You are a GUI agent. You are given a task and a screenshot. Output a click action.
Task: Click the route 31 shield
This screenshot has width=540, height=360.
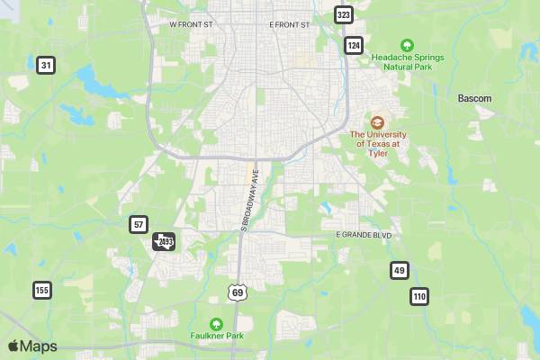coord(46,65)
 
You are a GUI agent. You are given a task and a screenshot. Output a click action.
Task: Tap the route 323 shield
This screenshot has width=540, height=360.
coord(343,14)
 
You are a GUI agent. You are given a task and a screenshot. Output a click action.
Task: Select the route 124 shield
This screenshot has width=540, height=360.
coord(354,44)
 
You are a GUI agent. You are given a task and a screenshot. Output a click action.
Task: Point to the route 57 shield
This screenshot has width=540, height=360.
coord(138,224)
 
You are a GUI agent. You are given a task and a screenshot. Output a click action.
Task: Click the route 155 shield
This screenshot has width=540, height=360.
coord(41,290)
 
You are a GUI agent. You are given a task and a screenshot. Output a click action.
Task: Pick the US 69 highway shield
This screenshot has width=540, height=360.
coord(237,292)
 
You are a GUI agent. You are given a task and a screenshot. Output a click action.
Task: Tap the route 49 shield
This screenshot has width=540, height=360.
coord(400,270)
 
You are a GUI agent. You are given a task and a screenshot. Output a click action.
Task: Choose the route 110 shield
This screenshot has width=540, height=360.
coord(419,296)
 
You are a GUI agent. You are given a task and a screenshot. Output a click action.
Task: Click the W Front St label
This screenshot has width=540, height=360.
coord(191,25)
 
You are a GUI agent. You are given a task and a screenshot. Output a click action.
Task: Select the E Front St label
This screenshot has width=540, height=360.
coord(289,25)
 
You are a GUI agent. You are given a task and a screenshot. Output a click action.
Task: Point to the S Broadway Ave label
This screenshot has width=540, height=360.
coord(249,199)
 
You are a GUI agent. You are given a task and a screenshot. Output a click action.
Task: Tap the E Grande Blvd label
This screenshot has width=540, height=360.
coord(364,235)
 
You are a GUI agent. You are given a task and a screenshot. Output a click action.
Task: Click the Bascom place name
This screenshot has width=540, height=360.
coord(474,97)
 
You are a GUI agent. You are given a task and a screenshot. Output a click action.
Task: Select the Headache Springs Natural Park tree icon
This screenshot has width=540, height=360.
coord(406,44)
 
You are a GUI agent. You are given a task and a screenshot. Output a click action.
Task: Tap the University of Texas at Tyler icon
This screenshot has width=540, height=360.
coord(378,121)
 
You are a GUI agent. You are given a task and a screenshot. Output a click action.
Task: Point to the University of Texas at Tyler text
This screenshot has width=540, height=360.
coord(378,143)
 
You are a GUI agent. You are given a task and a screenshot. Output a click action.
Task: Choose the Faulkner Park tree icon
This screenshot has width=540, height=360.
coord(216,324)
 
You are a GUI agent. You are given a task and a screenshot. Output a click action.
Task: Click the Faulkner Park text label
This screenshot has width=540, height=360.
coord(216,337)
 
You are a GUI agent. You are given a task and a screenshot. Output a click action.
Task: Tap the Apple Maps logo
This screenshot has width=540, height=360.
coord(32,346)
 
